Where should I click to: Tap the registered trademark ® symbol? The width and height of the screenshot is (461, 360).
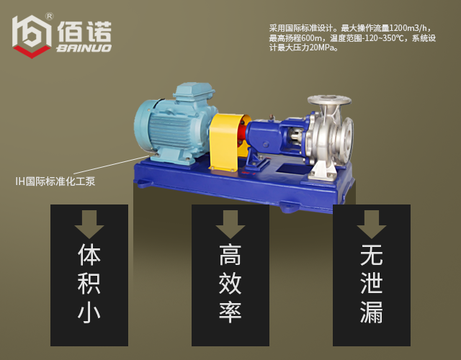click(x=49, y=15)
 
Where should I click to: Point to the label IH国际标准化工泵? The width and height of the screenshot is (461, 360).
click(x=55, y=181)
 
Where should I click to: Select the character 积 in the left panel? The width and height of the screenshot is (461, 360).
click(x=89, y=285)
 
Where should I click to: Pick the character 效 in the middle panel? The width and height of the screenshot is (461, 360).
click(x=230, y=285)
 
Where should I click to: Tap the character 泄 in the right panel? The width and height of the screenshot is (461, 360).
click(x=372, y=285)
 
